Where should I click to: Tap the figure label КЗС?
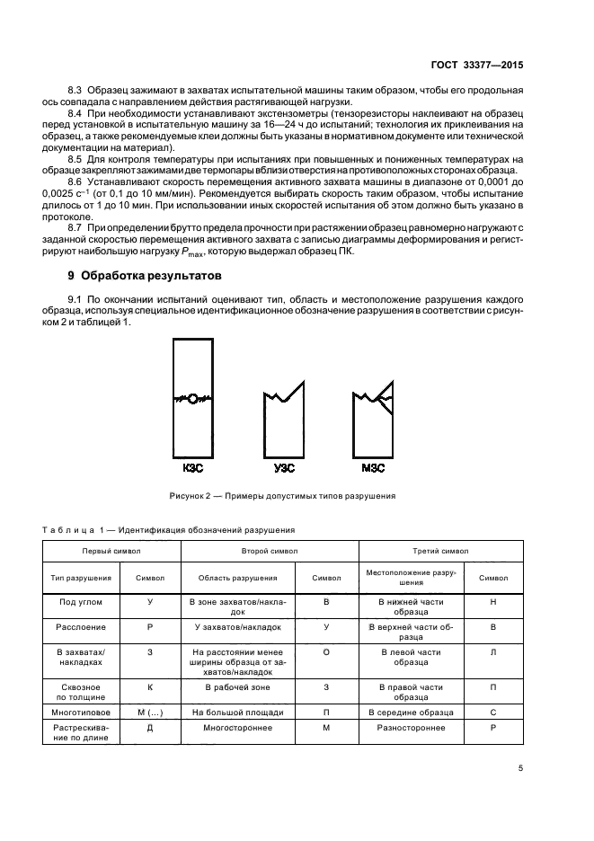click(192, 468)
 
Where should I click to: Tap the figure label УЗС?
click(284, 468)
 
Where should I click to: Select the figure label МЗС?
click(371, 468)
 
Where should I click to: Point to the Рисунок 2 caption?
click(281, 495)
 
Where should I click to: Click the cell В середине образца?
click(412, 712)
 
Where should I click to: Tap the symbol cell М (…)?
click(150, 712)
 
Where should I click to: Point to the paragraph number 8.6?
click(77, 182)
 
